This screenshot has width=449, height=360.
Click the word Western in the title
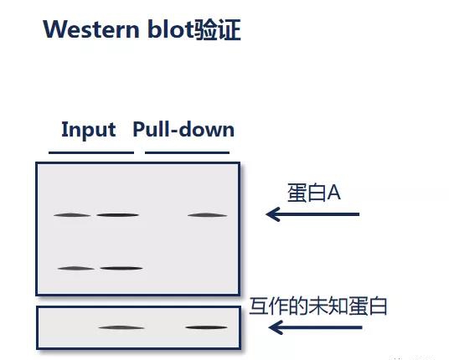pos(91,29)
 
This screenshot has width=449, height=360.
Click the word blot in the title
pos(170,28)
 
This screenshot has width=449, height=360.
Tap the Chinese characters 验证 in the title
pos(217,29)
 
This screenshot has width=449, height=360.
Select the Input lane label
pos(89,130)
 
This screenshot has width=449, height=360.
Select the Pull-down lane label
pos(183,129)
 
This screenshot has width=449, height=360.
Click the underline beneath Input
pos(91,152)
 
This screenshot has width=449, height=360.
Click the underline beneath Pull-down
pos(188,152)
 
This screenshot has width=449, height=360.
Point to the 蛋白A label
pos(314,193)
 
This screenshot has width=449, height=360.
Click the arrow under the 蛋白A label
pos(312,214)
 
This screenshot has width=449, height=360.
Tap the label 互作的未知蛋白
pos(318,306)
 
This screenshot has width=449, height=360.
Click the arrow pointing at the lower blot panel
pos(315,327)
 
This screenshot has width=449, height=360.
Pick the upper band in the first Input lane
pos(72,215)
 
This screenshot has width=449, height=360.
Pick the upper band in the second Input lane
pos(117,215)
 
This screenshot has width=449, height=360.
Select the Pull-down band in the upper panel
pos(207,215)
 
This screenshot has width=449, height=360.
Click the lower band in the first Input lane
pos(76,269)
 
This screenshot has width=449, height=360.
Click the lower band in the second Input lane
pos(121,268)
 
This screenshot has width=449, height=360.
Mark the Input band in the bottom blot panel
pos(121,327)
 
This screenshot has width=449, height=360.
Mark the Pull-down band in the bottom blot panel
pos(206,327)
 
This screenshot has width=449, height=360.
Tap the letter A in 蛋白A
pos(334,193)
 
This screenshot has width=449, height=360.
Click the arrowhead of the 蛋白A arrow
pos(272,214)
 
